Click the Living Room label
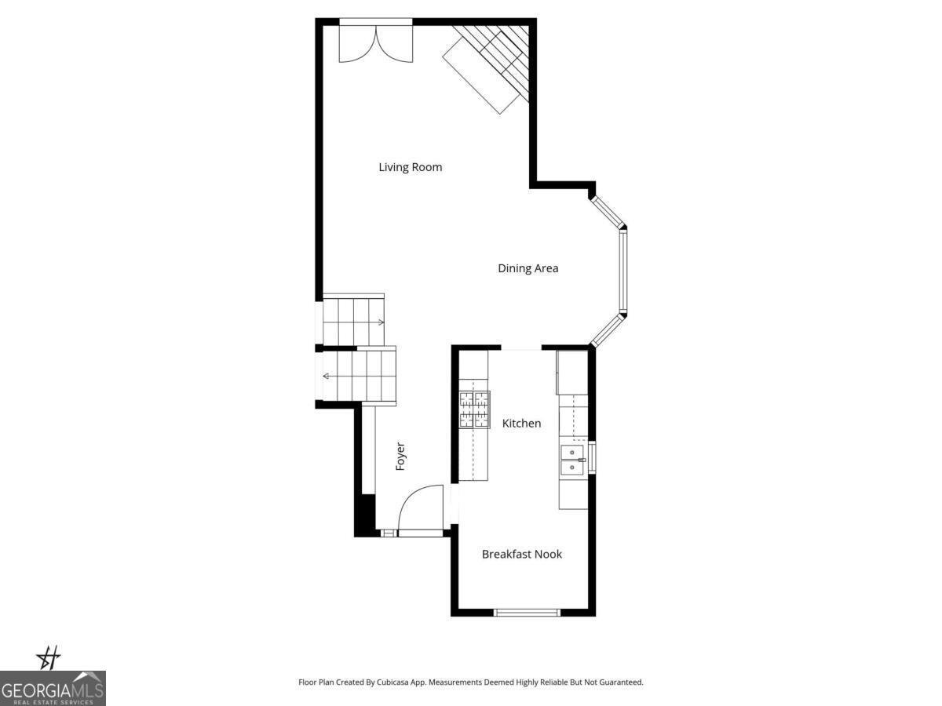pos(410,167)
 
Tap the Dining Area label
pos(528,268)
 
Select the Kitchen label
pos(521,424)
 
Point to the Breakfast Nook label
pos(521,555)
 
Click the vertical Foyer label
pos(400,457)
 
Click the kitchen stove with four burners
pos(474,409)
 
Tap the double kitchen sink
pos(572,460)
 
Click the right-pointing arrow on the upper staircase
pos(380,322)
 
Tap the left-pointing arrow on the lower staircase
pos(327,377)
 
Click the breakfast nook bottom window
pos(527,612)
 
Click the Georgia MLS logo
pos(53,689)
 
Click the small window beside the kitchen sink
pos(592,458)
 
